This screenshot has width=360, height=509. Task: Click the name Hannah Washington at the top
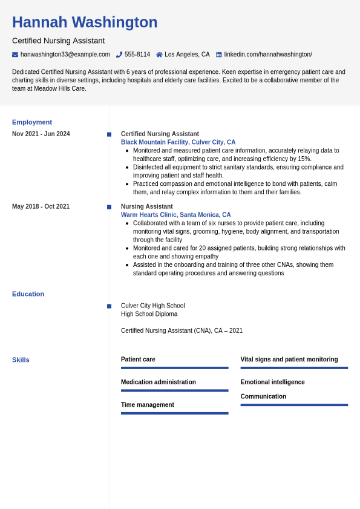(x=85, y=22)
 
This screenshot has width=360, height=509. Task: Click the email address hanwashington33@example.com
(x=65, y=54)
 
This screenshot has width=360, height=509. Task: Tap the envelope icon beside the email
(x=15, y=54)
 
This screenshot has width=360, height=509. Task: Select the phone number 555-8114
(x=137, y=54)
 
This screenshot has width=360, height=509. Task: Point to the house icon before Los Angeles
(x=159, y=54)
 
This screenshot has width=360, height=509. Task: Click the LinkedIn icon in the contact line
(x=219, y=54)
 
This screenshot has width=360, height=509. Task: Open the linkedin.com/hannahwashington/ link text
(x=268, y=54)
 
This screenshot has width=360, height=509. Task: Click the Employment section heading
(x=32, y=122)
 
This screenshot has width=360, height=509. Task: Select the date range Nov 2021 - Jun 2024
(x=41, y=134)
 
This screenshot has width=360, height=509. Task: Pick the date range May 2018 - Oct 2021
(x=41, y=207)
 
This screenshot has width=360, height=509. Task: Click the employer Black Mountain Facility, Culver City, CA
(x=178, y=142)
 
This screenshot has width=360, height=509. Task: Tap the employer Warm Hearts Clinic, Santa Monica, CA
(x=175, y=215)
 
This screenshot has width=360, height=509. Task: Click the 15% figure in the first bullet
(x=304, y=159)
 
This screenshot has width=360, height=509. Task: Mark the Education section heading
(x=28, y=294)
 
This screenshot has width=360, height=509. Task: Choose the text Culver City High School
(x=152, y=306)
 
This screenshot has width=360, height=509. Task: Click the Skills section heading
(x=21, y=360)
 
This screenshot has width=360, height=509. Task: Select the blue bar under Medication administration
(x=174, y=390)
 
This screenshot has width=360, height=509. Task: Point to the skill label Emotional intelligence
(x=272, y=383)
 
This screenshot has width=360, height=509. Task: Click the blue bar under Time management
(x=174, y=413)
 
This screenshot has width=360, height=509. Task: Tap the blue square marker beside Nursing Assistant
(x=109, y=207)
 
